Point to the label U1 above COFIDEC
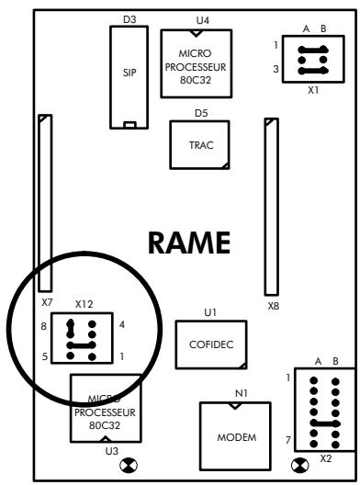(x=210, y=312)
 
